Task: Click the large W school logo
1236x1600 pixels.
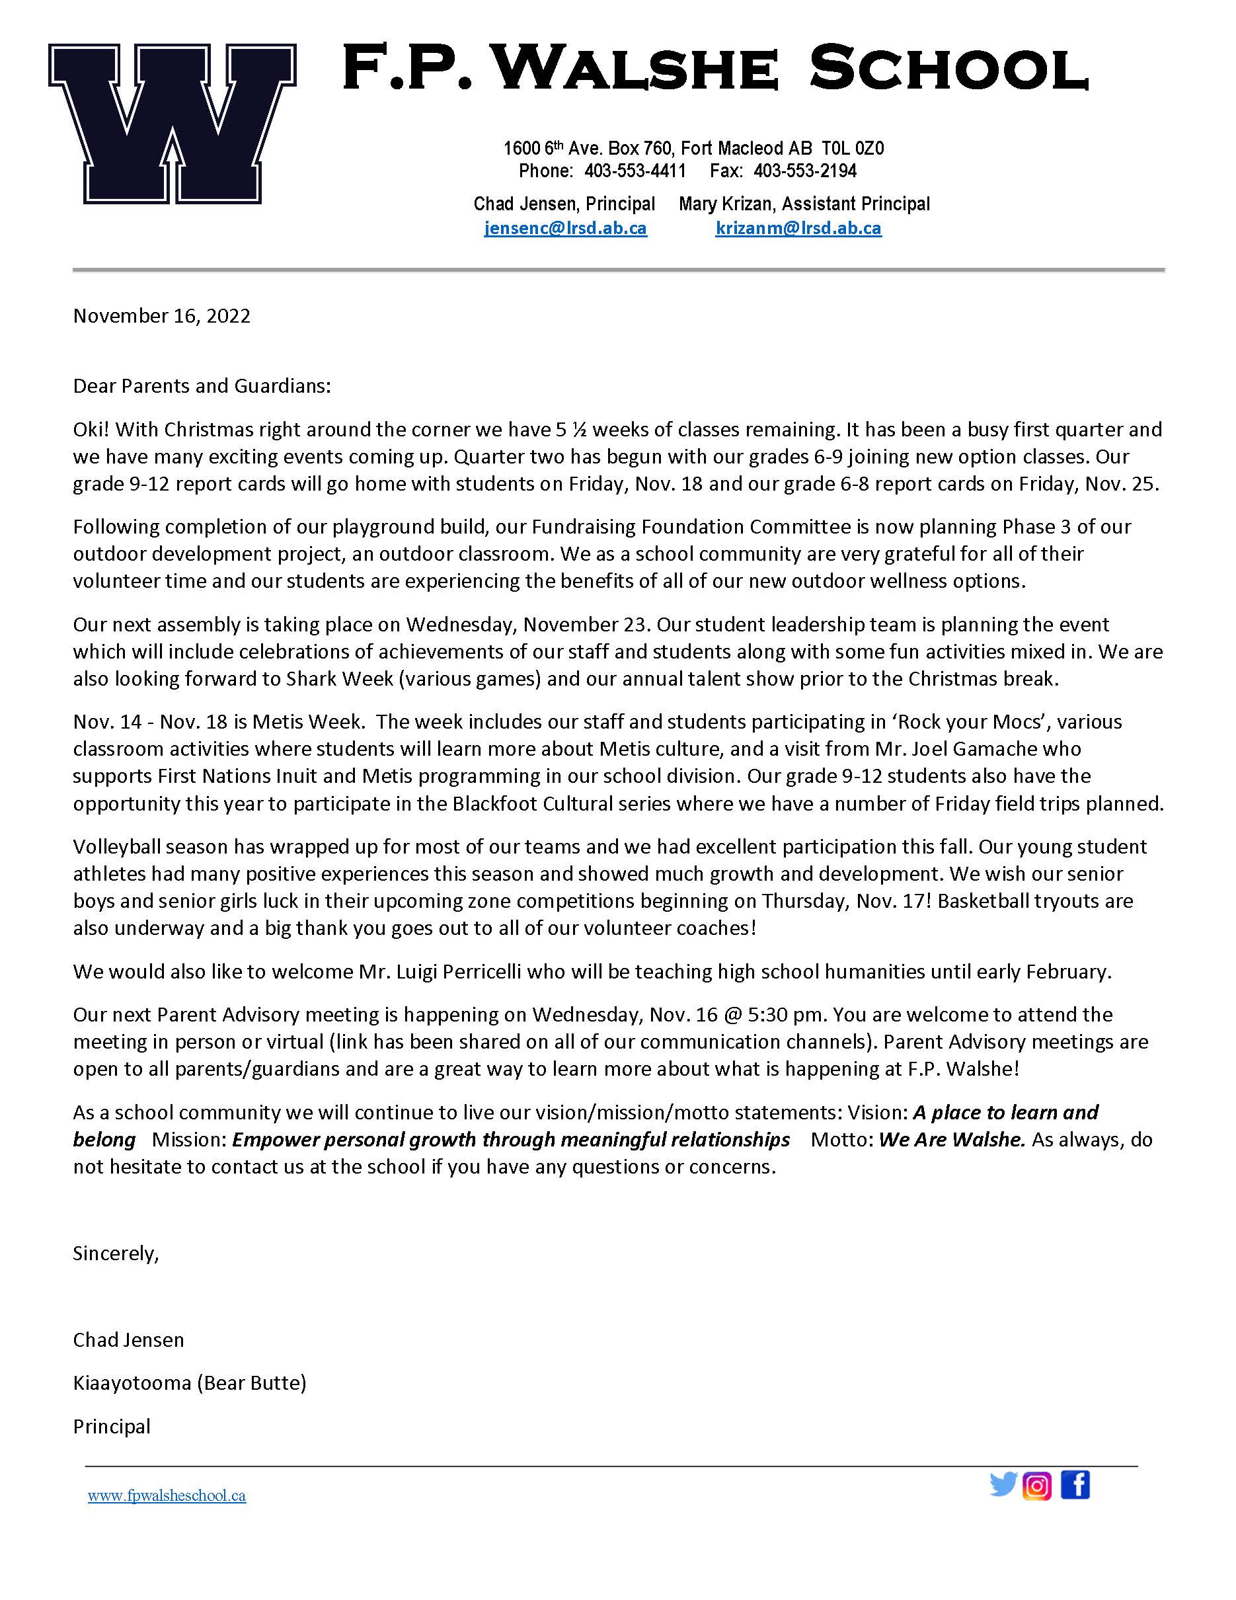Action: (x=172, y=123)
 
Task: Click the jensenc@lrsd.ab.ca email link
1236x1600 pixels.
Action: (x=565, y=228)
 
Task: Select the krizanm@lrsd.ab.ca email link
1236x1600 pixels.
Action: (x=798, y=228)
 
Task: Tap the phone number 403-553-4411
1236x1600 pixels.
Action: (x=635, y=171)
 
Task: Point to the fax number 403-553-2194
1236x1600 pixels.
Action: (x=804, y=171)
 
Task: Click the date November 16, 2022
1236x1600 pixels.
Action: (x=161, y=316)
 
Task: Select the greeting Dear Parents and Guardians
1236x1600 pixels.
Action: (x=202, y=385)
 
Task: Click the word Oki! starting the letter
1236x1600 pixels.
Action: (x=91, y=428)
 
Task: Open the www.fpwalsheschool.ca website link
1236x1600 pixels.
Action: (x=167, y=1496)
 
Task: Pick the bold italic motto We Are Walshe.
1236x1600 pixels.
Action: (x=951, y=1139)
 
